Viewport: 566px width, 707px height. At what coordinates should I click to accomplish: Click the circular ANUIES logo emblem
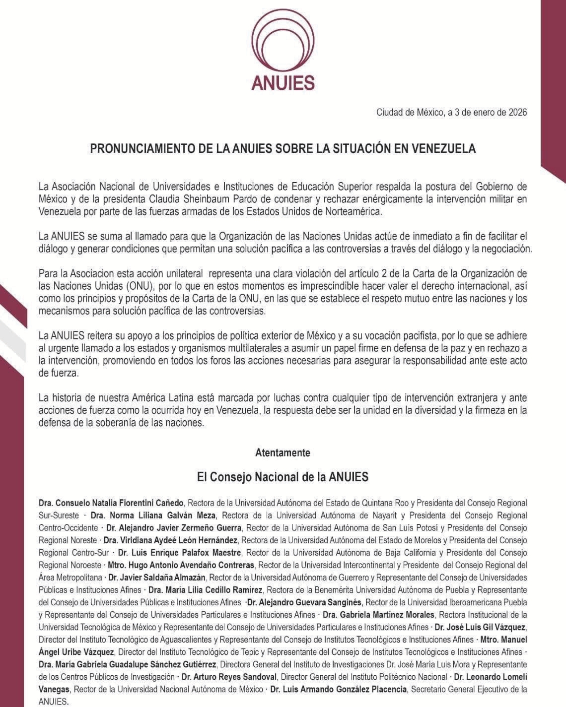point(283,42)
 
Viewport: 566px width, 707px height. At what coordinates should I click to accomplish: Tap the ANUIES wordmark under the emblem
point(283,82)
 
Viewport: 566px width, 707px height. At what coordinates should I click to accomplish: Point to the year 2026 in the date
point(517,112)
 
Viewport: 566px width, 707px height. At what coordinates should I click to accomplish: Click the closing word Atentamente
point(283,452)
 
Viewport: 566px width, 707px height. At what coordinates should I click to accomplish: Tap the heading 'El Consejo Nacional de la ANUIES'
point(283,477)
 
